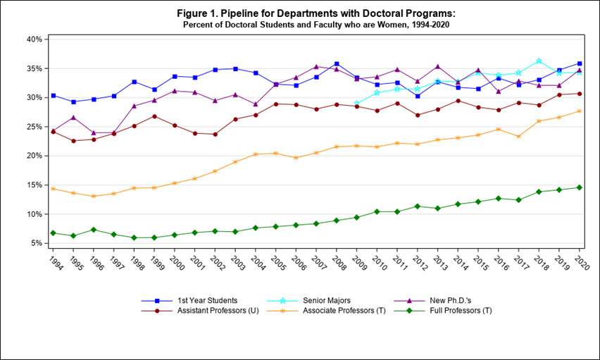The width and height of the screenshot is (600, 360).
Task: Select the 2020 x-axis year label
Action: pos(581,262)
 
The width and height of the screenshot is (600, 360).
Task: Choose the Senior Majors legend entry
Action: pos(337,301)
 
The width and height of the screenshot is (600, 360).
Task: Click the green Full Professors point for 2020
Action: pos(580,187)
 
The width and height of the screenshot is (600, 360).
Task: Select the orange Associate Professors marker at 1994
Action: pos(54,189)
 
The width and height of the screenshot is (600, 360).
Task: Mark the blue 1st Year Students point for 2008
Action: pos(337,64)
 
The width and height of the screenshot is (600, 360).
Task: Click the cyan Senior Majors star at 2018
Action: pos(539,61)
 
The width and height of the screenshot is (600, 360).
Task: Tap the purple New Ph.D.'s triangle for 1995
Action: pos(74,118)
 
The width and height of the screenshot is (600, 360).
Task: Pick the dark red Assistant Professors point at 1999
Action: pos(155,116)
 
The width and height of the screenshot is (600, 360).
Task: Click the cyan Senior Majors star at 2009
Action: pos(357,104)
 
